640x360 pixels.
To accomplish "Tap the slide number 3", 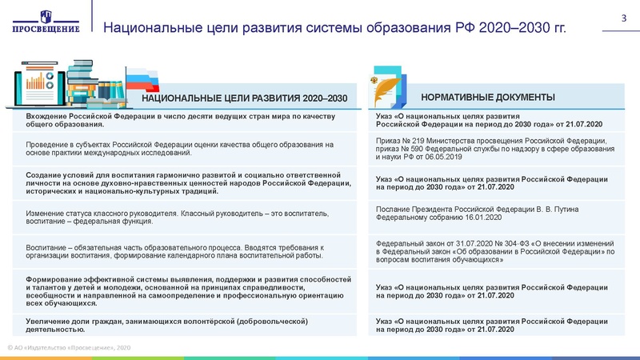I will click(x=623, y=18).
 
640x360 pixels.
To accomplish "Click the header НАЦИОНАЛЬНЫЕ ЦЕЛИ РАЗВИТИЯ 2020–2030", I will click(x=244, y=98).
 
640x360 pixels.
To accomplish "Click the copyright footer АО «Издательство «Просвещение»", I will click(x=68, y=347).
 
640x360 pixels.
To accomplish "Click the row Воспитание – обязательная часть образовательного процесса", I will click(x=180, y=251).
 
